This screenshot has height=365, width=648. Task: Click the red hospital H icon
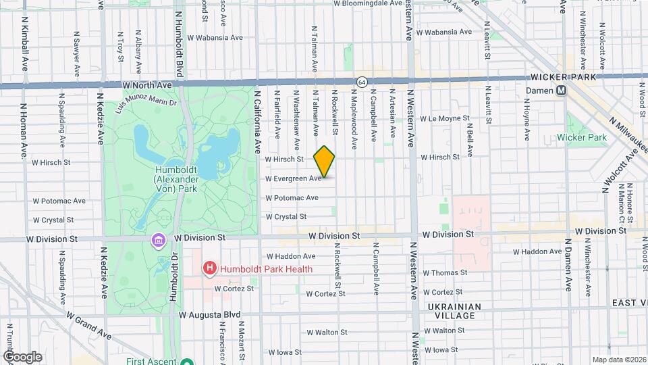click(210, 269)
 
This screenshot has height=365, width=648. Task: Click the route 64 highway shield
click(362, 82)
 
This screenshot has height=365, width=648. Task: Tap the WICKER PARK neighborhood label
click(568, 77)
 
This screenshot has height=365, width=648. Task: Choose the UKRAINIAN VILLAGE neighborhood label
click(456, 311)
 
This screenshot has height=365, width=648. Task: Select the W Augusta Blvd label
click(210, 315)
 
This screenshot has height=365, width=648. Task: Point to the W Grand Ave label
click(87, 325)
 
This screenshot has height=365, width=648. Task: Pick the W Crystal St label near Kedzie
click(53, 220)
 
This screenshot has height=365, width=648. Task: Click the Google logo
click(22, 357)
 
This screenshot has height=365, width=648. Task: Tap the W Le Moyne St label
click(444, 118)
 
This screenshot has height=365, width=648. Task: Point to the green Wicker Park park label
click(582, 137)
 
